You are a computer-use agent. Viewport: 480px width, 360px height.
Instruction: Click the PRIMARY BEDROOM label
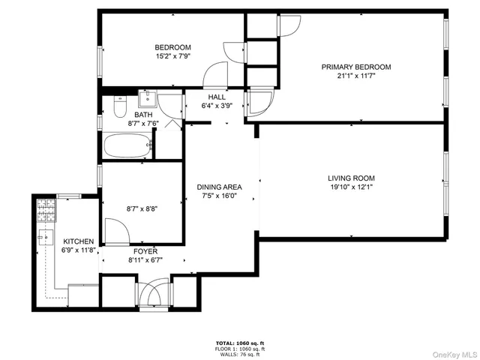pos(356,67)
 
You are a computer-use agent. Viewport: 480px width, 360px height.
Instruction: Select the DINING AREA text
pos(219,187)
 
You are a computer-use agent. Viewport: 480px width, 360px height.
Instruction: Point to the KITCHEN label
pos(78,241)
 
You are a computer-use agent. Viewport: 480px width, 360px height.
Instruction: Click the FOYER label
pos(145,250)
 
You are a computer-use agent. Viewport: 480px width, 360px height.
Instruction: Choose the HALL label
pos(217,97)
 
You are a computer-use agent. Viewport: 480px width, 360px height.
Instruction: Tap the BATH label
pos(143,115)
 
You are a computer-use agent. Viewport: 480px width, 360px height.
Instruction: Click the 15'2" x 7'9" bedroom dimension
pos(172,55)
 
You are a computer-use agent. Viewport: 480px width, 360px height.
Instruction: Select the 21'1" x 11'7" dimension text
pos(356,76)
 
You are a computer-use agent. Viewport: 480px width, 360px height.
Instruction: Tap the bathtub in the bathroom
pos(127,145)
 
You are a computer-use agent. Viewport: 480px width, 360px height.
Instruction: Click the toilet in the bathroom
pos(118,108)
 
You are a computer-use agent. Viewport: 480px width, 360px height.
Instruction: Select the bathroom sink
pos(146,98)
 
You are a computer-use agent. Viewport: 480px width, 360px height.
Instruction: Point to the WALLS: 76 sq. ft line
pos(240,354)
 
